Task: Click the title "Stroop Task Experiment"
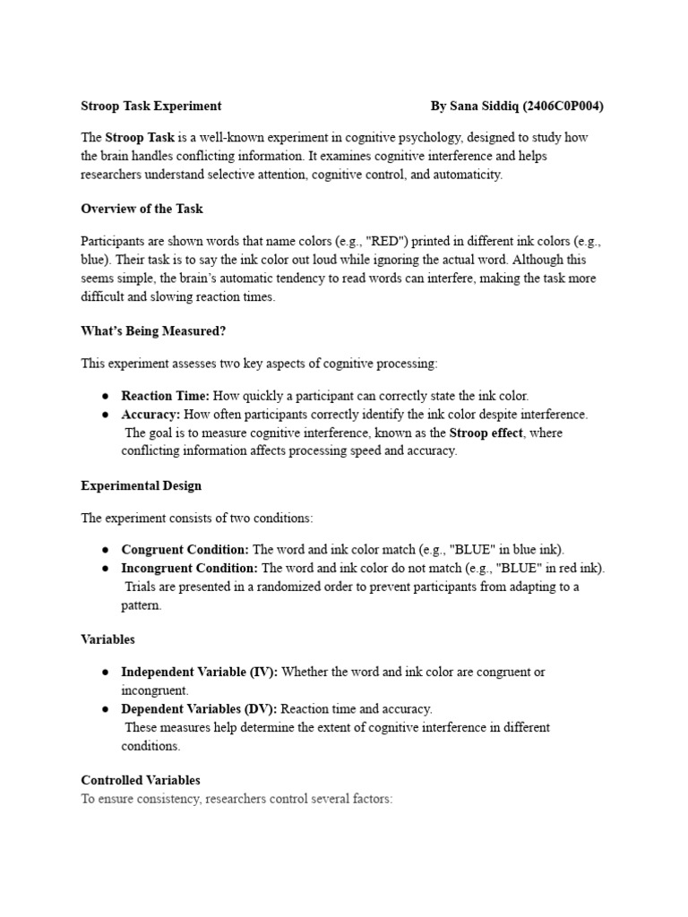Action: pos(151,106)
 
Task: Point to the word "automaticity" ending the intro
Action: pos(470,175)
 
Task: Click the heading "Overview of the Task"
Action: pos(142,209)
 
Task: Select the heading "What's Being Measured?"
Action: pos(153,330)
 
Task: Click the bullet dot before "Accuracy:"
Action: pos(106,415)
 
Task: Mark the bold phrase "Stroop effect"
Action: pos(486,433)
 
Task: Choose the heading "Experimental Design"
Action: pos(141,485)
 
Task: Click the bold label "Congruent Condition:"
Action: pos(185,550)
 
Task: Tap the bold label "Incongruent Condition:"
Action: pos(190,569)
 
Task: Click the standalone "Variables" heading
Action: pos(107,639)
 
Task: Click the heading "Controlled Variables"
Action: pos(141,780)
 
